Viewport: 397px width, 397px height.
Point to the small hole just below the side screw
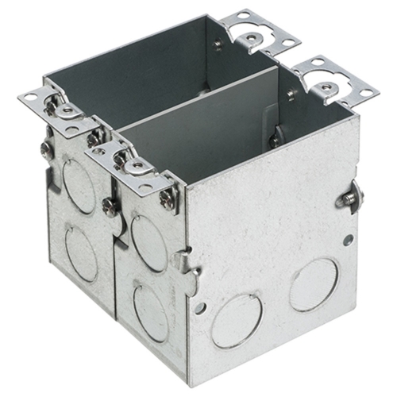(348, 239)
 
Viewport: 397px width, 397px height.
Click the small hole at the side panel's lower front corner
(200, 307)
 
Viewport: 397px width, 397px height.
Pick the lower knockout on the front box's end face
(151, 312)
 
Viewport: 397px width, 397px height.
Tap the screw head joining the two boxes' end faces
(110, 204)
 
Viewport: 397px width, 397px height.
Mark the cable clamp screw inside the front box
(274, 141)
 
